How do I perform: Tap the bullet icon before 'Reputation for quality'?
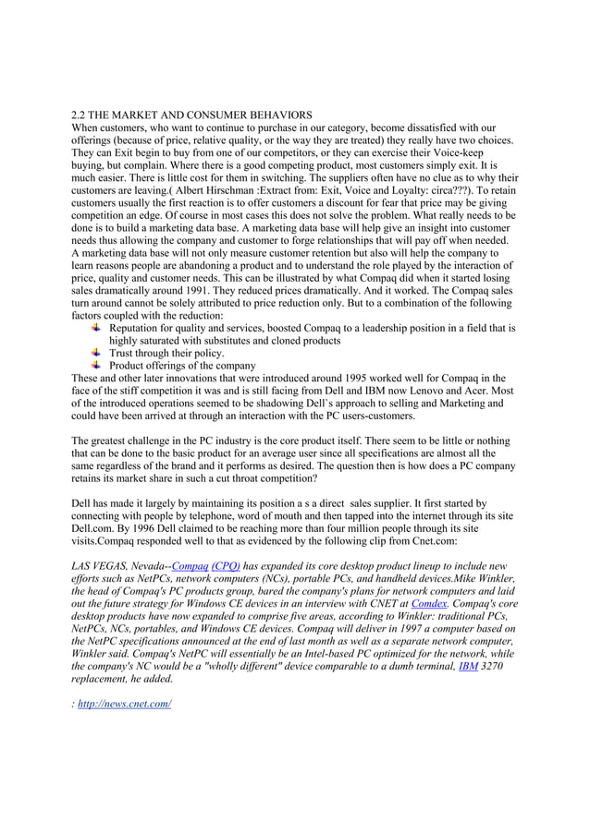(x=96, y=328)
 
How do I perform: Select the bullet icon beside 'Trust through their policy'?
(x=96, y=353)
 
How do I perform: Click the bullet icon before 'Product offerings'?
(x=96, y=366)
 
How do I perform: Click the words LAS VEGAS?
(x=100, y=566)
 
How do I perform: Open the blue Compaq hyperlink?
(x=190, y=566)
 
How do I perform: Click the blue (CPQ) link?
(x=226, y=566)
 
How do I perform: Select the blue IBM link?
(x=469, y=666)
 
